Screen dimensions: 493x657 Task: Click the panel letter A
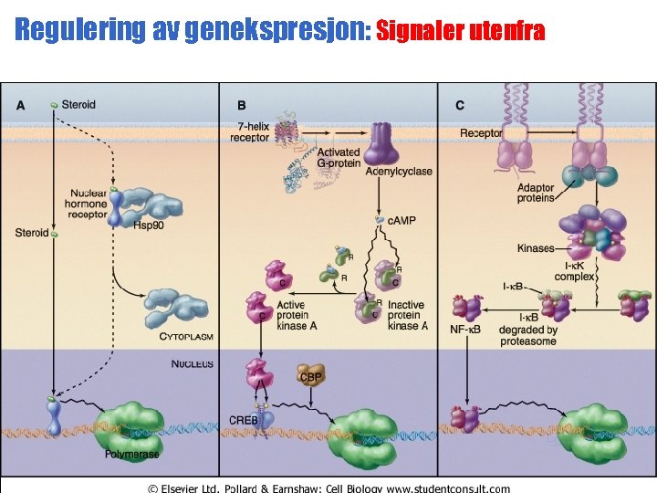(x=20, y=105)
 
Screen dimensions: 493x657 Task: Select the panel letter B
(x=242, y=105)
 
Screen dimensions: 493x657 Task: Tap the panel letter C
(x=460, y=105)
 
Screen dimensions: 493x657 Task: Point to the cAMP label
(x=402, y=220)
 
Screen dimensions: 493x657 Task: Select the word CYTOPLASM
(x=186, y=336)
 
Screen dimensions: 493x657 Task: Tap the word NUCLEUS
(x=193, y=363)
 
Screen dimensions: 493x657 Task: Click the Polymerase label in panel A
(x=131, y=453)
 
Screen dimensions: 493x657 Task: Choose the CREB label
(x=245, y=419)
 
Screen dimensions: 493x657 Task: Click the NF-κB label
(x=464, y=329)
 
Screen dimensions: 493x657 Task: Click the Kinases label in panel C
(x=536, y=247)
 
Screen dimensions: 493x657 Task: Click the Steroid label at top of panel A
(x=78, y=105)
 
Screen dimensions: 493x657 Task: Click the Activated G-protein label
(x=338, y=157)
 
